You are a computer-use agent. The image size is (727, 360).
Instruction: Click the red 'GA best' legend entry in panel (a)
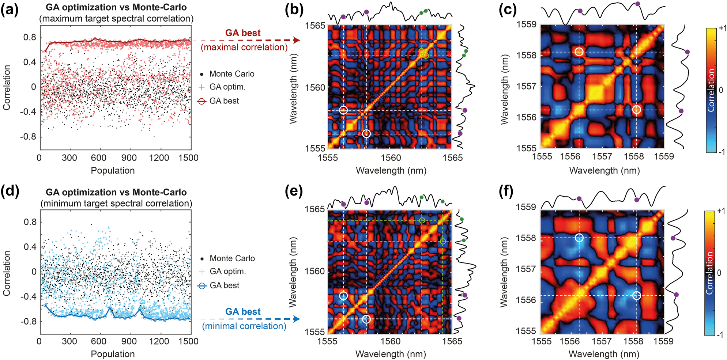pos(224,101)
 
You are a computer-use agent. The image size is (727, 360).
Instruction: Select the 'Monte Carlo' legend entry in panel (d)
pos(232,258)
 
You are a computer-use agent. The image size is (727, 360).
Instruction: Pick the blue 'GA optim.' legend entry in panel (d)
pos(227,272)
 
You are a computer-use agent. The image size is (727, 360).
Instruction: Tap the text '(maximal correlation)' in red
pos(244,47)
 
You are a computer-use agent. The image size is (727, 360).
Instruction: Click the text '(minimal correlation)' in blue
pos(244,326)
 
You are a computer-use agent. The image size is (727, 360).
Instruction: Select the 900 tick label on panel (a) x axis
pos(129,158)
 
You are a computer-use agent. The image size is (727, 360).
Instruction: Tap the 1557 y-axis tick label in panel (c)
pos(526,86)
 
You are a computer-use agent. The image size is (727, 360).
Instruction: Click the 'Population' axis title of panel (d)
pos(113,354)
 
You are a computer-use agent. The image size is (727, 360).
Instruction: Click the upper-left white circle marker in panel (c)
pos(579,52)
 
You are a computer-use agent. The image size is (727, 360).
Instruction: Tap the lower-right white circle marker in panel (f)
pos(637,295)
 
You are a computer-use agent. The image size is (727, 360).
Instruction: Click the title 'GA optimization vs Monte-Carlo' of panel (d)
pos(116,192)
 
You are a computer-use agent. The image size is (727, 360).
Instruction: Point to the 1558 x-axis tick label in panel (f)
pos(633,341)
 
